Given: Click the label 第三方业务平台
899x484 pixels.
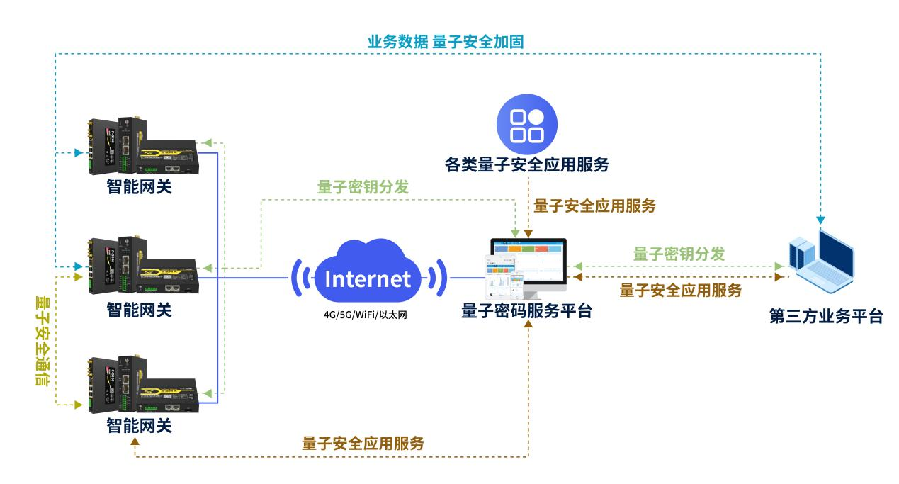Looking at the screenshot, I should (x=826, y=315).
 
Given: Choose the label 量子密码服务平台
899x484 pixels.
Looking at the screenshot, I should (x=526, y=310).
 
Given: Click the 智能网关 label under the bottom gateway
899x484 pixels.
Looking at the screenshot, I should (x=139, y=427).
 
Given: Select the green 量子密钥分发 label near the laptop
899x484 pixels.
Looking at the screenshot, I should (x=679, y=254).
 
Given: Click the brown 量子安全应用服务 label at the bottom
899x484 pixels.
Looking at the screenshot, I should (x=363, y=444).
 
